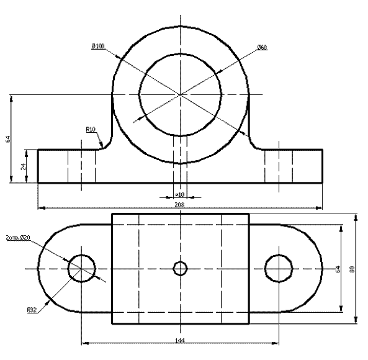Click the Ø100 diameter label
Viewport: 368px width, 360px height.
click(x=98, y=46)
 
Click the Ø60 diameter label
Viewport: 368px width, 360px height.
click(x=262, y=47)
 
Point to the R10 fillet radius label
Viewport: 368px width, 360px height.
click(x=91, y=129)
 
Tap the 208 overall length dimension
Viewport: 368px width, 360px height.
click(x=179, y=204)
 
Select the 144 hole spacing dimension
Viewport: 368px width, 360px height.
click(x=180, y=340)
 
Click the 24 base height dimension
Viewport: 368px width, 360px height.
click(x=24, y=166)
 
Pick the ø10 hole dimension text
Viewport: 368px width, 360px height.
click(x=180, y=194)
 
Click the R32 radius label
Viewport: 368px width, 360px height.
click(x=32, y=310)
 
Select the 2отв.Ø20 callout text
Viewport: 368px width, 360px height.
click(x=18, y=238)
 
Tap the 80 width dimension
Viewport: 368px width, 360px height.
click(x=352, y=269)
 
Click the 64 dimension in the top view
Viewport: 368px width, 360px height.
click(x=338, y=269)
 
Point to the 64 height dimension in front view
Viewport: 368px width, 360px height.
click(x=8, y=139)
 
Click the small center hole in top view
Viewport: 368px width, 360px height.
click(x=180, y=268)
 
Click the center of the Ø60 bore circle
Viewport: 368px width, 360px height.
click(x=180, y=94)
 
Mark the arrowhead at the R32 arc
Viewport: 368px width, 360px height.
click(x=48, y=303)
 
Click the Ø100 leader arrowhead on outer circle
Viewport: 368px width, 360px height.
click(x=119, y=56)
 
